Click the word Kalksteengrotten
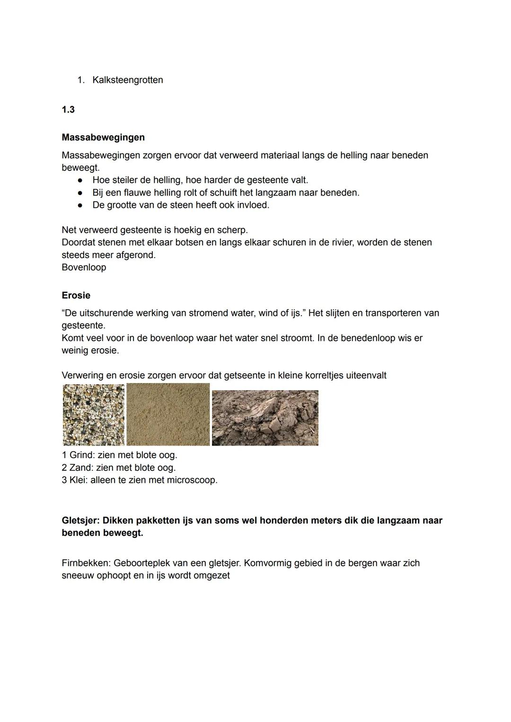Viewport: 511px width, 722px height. [x=128, y=80]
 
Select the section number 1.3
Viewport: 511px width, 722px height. [x=68, y=110]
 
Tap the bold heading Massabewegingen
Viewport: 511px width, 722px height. [x=103, y=137]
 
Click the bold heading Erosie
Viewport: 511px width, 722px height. [x=76, y=295]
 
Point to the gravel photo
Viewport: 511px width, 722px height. [x=94, y=415]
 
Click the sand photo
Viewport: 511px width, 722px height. [x=168, y=415]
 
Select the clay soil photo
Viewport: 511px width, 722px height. [x=265, y=418]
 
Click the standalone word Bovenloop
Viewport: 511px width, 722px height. [x=84, y=267]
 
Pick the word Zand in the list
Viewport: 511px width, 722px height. [x=80, y=468]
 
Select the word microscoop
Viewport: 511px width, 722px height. [x=192, y=480]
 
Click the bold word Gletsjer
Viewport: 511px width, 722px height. [x=80, y=520]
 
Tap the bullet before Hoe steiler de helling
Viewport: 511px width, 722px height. [x=81, y=180]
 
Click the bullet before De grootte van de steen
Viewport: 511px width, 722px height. [x=81, y=205]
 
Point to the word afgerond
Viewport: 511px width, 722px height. [x=136, y=255]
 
